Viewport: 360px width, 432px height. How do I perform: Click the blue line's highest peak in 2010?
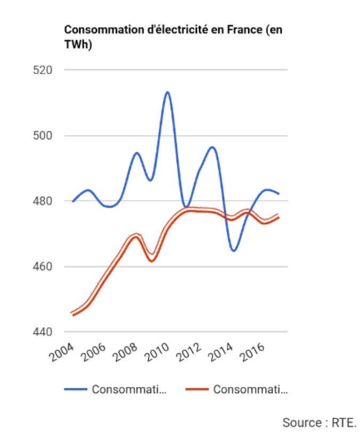(x=167, y=92)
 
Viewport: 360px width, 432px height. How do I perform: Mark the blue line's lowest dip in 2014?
(x=234, y=251)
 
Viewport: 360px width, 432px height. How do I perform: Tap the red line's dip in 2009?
(x=152, y=260)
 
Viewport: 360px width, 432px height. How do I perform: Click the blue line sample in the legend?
(x=75, y=389)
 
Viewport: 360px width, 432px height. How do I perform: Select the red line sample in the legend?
(x=197, y=389)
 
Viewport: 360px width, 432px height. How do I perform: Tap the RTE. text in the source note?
(x=341, y=422)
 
